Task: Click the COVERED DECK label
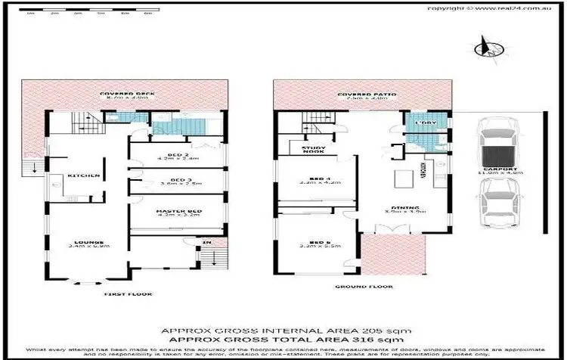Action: [x=125, y=95]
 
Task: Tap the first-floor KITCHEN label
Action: [x=83, y=175]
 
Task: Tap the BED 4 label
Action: [x=311, y=179]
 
